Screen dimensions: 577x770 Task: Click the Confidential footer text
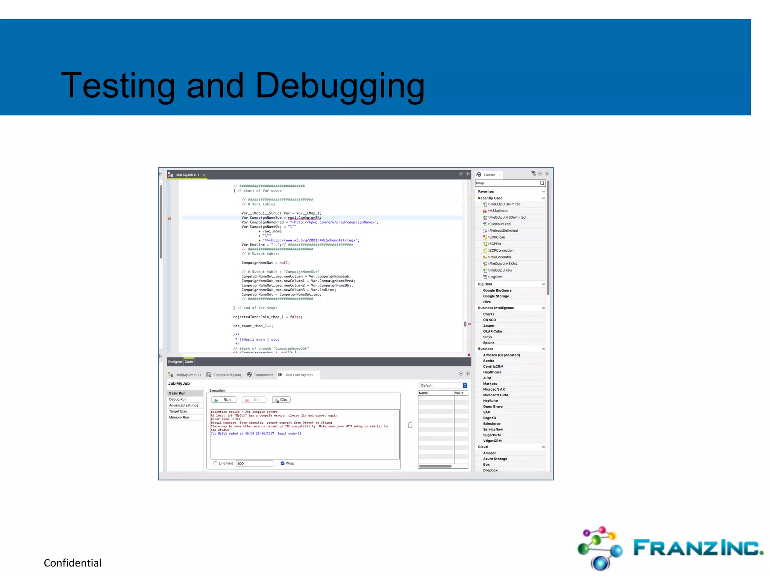(x=73, y=563)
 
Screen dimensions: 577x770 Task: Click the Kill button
(x=254, y=400)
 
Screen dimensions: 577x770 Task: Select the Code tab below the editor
(x=189, y=362)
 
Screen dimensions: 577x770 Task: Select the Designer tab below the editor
(x=175, y=362)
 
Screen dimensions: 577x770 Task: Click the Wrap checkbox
(x=282, y=463)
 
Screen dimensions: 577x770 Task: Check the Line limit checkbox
(x=215, y=463)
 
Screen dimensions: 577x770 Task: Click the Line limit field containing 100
(x=254, y=464)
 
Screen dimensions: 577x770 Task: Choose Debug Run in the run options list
(x=178, y=399)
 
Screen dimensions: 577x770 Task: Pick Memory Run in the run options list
(x=179, y=417)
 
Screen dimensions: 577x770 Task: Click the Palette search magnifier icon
(x=542, y=183)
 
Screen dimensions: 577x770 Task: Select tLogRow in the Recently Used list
(x=495, y=277)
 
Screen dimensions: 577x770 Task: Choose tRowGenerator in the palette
(x=499, y=257)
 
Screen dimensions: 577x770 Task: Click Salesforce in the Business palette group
(x=492, y=423)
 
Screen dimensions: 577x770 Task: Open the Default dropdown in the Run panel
(x=443, y=385)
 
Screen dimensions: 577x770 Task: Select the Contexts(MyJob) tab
(x=227, y=375)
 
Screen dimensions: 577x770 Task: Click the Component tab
(x=263, y=375)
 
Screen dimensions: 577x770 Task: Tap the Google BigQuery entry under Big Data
(x=497, y=290)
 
